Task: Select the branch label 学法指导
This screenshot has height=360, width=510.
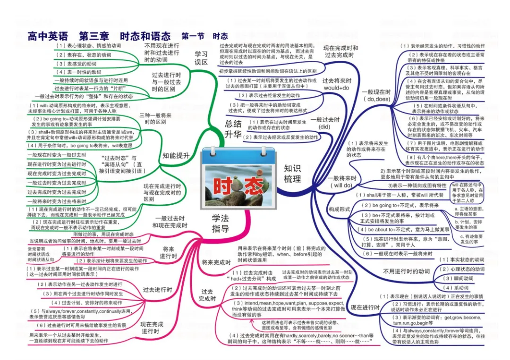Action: click(x=220, y=223)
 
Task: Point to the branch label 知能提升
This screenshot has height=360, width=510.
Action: click(x=176, y=155)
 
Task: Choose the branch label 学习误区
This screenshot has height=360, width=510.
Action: click(x=202, y=58)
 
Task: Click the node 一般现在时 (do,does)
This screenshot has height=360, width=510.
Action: click(x=376, y=96)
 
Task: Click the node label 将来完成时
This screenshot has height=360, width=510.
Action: click(x=216, y=262)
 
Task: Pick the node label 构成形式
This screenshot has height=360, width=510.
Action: click(x=340, y=209)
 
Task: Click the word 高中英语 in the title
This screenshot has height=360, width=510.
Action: click(x=48, y=36)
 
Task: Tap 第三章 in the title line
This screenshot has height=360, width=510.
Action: click(x=94, y=36)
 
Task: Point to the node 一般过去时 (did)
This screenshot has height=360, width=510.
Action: click(x=325, y=123)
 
